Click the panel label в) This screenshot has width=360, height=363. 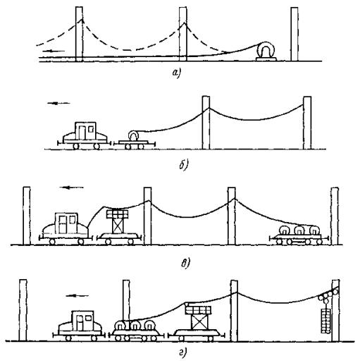click(x=185, y=264)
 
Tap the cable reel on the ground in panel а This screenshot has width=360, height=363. click(x=266, y=51)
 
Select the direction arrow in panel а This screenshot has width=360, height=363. click(x=54, y=51)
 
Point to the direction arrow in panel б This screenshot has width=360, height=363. click(x=58, y=103)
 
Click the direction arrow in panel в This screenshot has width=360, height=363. click(x=71, y=187)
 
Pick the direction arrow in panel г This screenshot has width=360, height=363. click(x=77, y=295)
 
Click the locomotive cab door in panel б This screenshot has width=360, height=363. click(x=82, y=133)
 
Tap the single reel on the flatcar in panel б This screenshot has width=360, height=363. click(x=133, y=135)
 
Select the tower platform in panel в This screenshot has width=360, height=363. click(x=117, y=214)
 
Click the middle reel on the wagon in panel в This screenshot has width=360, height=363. click(x=299, y=230)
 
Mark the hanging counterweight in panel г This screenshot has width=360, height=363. click(x=325, y=321)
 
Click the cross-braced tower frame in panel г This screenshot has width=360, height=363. click(x=199, y=321)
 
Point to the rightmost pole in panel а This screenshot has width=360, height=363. click(x=294, y=34)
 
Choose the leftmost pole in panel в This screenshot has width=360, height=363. click(x=27, y=216)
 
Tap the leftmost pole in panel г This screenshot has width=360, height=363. click(x=23, y=310)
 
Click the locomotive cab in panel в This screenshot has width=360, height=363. click(x=66, y=223)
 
